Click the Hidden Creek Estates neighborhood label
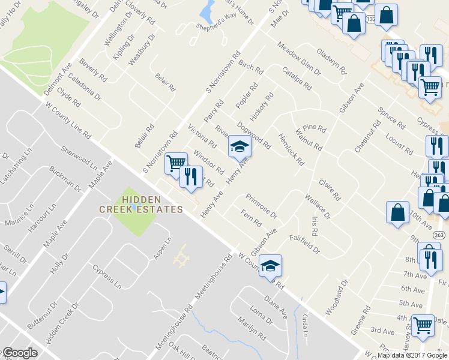point(140,204)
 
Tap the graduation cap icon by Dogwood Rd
point(238,146)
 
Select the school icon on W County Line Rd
point(270,265)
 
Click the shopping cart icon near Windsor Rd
point(175,163)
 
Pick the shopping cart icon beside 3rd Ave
point(423,325)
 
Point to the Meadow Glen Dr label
point(298,59)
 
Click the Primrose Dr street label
point(261,206)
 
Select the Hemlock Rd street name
point(292,150)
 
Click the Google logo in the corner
point(20,353)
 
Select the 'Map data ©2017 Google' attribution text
point(412,355)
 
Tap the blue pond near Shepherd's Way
point(209,10)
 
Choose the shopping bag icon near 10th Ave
point(397,212)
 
